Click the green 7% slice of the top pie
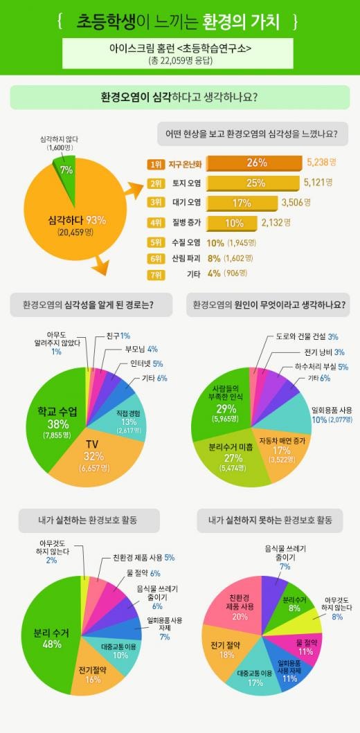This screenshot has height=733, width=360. [x=65, y=174]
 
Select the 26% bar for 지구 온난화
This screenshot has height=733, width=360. [x=254, y=163]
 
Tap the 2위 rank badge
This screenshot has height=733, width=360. [x=154, y=183]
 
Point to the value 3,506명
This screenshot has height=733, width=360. [x=295, y=202]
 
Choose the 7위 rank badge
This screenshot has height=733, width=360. [x=154, y=274]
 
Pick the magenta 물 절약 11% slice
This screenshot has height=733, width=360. [x=304, y=644]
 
